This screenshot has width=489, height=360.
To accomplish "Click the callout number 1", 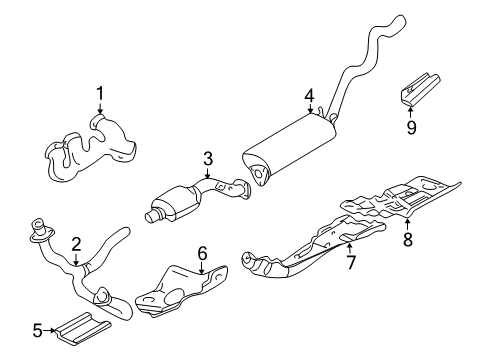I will tap(100, 94).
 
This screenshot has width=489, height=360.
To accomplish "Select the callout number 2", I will tap(75, 244).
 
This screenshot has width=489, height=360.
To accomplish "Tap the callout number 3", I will tap(208, 157).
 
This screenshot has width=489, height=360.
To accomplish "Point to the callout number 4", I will tap(310, 96).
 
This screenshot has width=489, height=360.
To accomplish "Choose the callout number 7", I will tap(350, 262).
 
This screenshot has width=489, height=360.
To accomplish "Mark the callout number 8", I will tap(407, 240).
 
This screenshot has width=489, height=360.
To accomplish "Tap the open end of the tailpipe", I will tap(402, 19).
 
